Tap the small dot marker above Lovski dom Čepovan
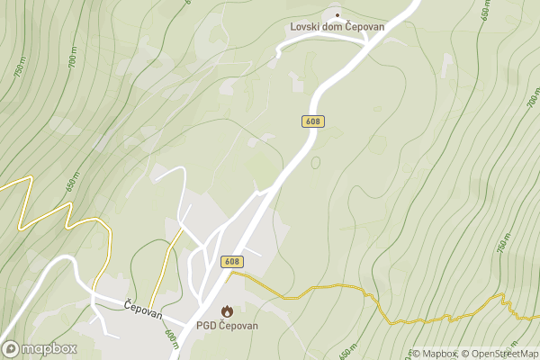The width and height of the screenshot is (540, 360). [338, 14]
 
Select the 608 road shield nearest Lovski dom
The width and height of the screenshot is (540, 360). [312, 121]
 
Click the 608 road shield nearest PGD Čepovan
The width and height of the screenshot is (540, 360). [232, 261]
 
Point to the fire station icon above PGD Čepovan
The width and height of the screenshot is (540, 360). [227, 310]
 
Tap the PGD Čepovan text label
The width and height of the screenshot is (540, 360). [227, 326]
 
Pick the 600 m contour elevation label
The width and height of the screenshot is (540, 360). [172, 338]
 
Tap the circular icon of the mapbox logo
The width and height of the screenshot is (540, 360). [11, 348]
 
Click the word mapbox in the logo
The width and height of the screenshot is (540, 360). [49, 348]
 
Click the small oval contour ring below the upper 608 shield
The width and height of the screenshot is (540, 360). [316, 163]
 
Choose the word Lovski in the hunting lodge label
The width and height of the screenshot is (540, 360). [306, 27]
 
